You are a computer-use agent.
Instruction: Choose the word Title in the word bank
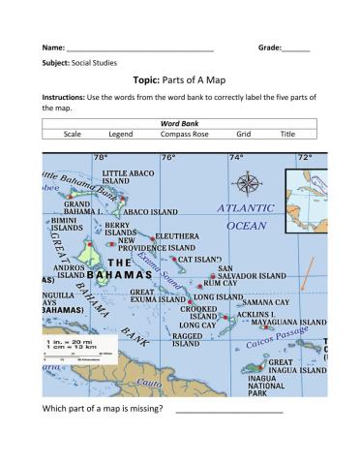[x=287, y=136]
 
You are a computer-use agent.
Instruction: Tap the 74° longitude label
[x=235, y=157]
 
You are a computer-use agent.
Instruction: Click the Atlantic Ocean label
[x=246, y=216]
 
